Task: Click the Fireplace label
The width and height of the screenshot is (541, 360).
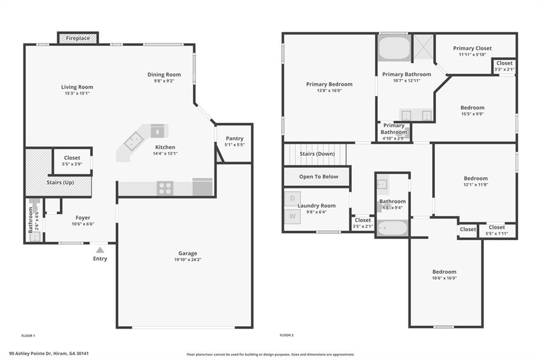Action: tap(78, 39)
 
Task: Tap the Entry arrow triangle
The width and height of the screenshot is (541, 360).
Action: tap(100, 250)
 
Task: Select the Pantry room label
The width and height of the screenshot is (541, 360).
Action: tap(235, 138)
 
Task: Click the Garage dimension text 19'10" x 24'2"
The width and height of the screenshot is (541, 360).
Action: tap(188, 260)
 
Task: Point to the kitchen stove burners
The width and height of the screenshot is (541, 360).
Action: tap(165, 188)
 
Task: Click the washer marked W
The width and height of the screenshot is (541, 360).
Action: tap(293, 216)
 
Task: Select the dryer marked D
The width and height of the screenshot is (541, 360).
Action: tap(293, 198)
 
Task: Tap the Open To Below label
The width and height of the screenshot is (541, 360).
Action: tap(319, 176)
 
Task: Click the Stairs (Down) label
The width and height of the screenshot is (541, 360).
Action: tap(317, 154)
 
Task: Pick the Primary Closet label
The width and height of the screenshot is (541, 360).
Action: tap(472, 48)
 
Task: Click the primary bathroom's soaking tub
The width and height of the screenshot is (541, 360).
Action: tap(394, 48)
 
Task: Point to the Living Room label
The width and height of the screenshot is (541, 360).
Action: tap(77, 87)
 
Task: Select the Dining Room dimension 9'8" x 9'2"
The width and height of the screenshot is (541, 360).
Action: tap(164, 81)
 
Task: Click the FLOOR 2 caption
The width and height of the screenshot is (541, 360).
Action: tap(287, 335)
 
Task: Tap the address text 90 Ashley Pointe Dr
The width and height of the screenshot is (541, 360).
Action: tap(30, 354)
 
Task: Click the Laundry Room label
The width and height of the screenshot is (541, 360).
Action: tap(316, 205)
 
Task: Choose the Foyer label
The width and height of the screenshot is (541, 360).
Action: tap(83, 217)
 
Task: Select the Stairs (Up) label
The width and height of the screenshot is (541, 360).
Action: tap(60, 183)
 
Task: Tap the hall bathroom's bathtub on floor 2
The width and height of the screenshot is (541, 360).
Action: tap(393, 228)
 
